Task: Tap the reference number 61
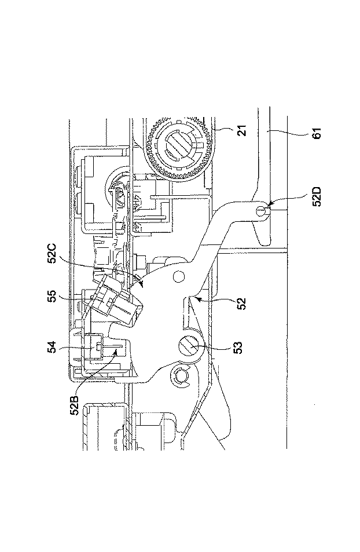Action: click(316, 134)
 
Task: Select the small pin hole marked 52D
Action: click(260, 211)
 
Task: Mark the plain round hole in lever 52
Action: click(177, 276)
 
